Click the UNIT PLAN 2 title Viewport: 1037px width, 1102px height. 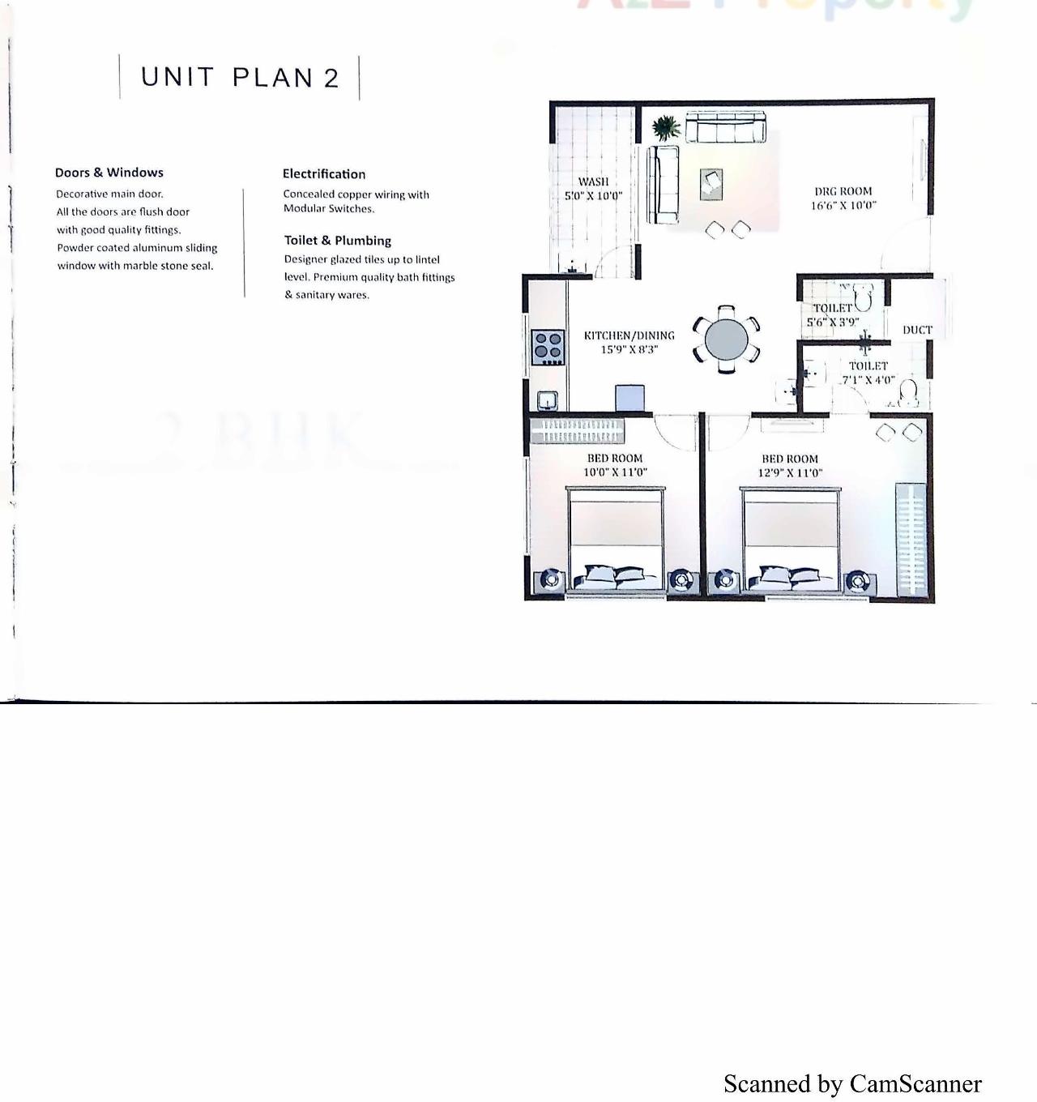(x=240, y=78)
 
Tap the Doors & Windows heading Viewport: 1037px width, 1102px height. (x=109, y=173)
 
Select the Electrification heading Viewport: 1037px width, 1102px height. (x=324, y=174)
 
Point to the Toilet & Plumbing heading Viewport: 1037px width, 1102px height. (x=338, y=241)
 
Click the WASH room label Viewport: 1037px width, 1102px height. (x=593, y=182)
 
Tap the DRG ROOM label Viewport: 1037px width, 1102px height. (x=843, y=192)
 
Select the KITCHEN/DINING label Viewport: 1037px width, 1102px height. (x=629, y=335)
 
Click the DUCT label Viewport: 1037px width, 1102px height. (x=917, y=330)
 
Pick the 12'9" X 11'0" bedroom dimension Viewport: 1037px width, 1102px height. (x=790, y=472)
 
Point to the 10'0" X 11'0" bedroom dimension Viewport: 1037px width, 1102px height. (x=616, y=472)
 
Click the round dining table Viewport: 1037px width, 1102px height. (x=727, y=340)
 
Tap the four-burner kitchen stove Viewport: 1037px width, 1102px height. (x=548, y=346)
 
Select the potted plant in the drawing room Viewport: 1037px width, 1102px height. (x=666, y=127)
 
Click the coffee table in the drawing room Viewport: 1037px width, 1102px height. (x=711, y=183)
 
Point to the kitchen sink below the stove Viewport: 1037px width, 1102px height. (x=548, y=399)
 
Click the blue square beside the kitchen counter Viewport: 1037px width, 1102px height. (x=629, y=398)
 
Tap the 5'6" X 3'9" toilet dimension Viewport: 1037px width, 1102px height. (x=832, y=322)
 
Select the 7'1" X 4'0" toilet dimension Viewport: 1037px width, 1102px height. (x=868, y=379)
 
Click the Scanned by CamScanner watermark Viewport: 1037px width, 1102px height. (x=852, y=1084)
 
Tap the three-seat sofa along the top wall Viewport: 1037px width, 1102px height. (x=726, y=128)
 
